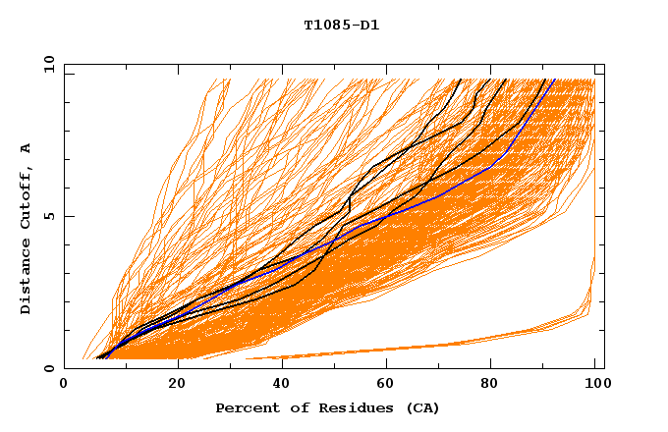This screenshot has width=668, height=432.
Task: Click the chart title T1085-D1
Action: [x=341, y=25]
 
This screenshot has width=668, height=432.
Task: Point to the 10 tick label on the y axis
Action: [x=48, y=63]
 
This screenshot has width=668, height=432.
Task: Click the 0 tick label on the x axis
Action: [x=64, y=385]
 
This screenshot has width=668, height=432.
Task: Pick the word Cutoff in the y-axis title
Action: [x=26, y=197]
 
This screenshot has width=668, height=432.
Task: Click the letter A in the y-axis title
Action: [x=26, y=148]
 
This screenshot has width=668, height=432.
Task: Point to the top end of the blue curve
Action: [x=554, y=80]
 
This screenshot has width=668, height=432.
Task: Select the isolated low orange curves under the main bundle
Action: [x=442, y=346]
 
